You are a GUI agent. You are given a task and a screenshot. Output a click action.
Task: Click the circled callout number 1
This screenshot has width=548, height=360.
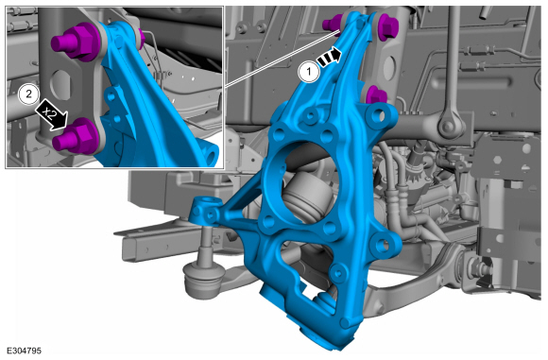(309, 73)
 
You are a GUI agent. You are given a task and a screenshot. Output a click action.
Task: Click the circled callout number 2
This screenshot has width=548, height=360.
(29, 94)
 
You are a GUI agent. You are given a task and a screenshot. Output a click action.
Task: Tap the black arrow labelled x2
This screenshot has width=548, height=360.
(51, 114)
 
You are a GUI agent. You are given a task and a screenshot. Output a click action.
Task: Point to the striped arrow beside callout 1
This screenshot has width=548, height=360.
(329, 57)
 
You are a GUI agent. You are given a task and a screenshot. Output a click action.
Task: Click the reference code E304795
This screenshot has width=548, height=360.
(25, 351)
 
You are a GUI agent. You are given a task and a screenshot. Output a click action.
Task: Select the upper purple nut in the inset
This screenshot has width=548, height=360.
(76, 42)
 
